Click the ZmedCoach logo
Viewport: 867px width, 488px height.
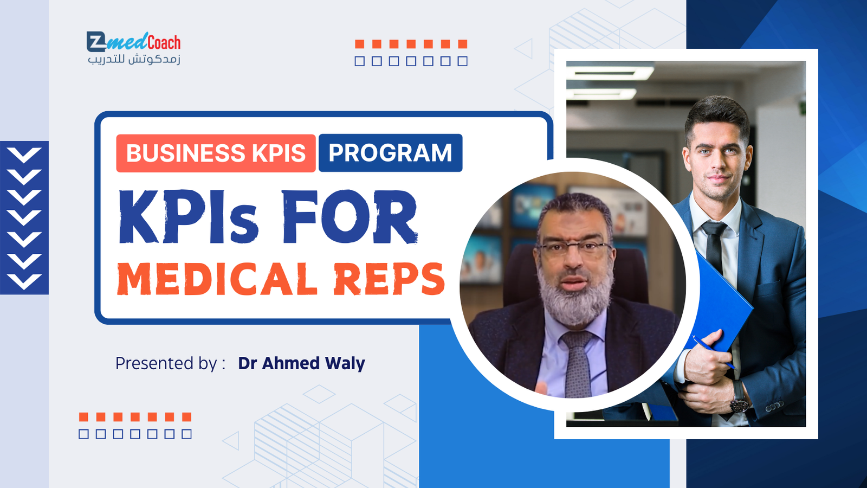point(133,42)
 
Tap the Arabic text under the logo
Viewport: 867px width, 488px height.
point(134,60)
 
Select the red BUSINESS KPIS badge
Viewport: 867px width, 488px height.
point(216,153)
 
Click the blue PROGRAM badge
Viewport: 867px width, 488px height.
point(390,152)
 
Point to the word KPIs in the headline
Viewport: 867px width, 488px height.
point(188,217)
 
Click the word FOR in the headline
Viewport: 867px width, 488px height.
point(350,217)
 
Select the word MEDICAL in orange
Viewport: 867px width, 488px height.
point(217,279)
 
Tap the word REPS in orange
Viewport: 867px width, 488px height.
point(389,279)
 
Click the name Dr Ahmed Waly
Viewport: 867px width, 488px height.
point(301,363)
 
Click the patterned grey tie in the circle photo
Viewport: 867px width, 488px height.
point(578,364)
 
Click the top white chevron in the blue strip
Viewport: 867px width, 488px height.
point(24,155)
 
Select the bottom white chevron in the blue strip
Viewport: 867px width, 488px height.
point(24,281)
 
